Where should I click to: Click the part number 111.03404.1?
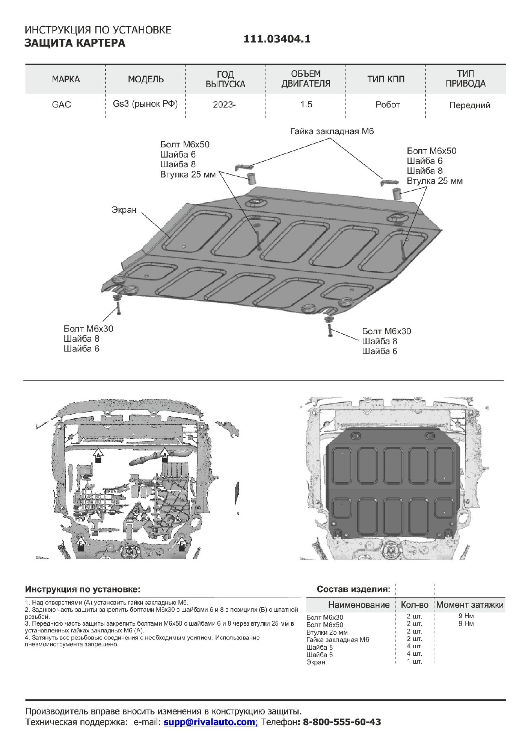pyautogui.click(x=277, y=39)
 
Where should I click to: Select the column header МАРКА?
pyautogui.click(x=66, y=79)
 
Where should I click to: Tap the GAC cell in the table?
pyautogui.click(x=62, y=105)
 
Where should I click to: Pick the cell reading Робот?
pyautogui.click(x=388, y=105)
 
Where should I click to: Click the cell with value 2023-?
pyautogui.click(x=224, y=105)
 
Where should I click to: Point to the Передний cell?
pyautogui.click(x=469, y=105)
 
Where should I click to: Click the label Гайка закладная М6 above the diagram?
pyautogui.click(x=332, y=132)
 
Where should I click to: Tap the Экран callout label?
pyautogui.click(x=124, y=210)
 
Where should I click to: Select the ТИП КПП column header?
pyautogui.click(x=386, y=79)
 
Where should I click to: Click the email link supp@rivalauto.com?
pyautogui.click(x=210, y=722)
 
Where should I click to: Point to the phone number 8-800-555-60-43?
pyautogui.click(x=342, y=722)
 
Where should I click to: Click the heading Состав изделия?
pyautogui.click(x=353, y=589)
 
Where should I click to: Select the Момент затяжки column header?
pyautogui.click(x=470, y=605)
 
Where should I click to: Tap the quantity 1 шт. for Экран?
pyautogui.click(x=414, y=661)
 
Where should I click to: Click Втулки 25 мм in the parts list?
pyautogui.click(x=327, y=632)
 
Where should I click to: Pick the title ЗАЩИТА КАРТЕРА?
pyautogui.click(x=75, y=43)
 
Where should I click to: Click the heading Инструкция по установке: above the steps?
pyautogui.click(x=83, y=589)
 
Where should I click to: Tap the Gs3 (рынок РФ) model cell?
pyautogui.click(x=145, y=104)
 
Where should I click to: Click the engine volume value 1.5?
pyautogui.click(x=306, y=105)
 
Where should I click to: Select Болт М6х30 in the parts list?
pyautogui.click(x=325, y=617)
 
